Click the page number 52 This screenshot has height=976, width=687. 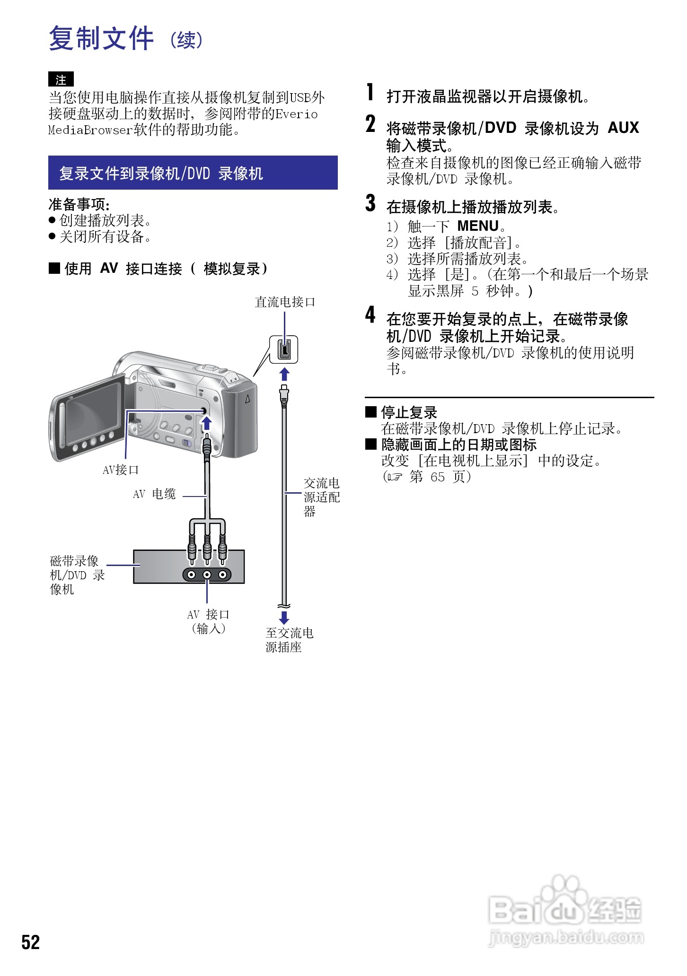click(30, 942)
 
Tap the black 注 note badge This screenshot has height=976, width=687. click(61, 79)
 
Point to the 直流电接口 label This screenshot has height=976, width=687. click(285, 302)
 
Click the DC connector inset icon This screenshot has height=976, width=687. click(284, 349)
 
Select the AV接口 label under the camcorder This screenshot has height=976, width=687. click(121, 470)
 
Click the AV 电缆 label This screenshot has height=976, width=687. click(154, 495)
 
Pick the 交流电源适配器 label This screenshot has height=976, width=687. click(321, 497)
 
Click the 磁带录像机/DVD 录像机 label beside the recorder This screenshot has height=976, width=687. click(77, 575)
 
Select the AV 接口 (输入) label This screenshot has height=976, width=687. click(208, 621)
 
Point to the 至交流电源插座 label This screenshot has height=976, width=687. click(289, 640)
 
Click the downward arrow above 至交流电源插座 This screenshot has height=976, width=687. click(284, 617)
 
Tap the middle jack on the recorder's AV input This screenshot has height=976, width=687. click(207, 575)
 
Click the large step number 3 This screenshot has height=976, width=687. click(370, 203)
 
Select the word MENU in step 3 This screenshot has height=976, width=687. click(478, 226)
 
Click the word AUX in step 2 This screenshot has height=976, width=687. click(623, 128)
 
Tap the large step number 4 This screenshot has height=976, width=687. click(370, 315)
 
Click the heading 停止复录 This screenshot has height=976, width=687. click(409, 412)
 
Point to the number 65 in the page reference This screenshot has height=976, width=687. click(438, 477)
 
